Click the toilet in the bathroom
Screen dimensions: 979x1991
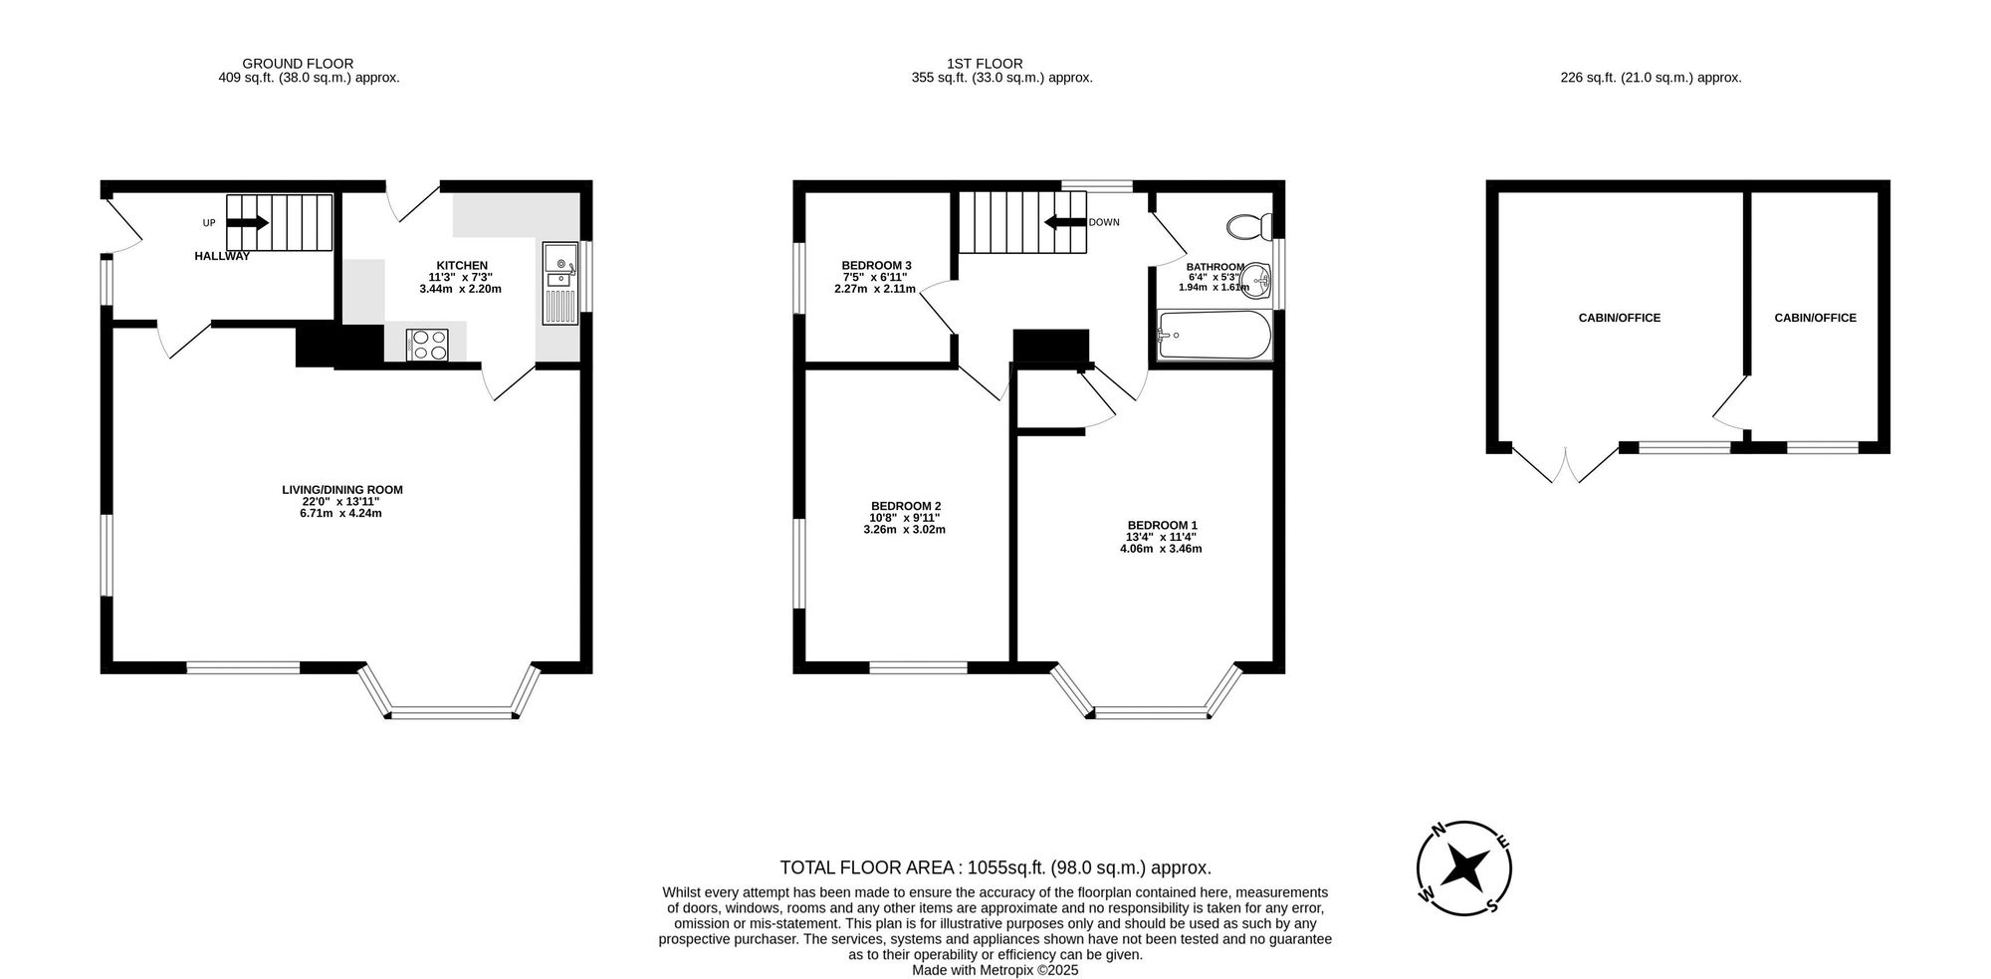click(x=1247, y=227)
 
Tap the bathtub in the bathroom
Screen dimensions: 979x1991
click(x=1214, y=336)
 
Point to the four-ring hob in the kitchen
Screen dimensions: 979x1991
click(x=428, y=344)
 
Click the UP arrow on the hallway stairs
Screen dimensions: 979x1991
click(x=248, y=223)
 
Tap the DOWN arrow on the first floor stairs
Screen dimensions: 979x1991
click(x=1064, y=223)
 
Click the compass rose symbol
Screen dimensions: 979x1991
click(x=1464, y=867)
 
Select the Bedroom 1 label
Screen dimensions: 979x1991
click(x=1162, y=525)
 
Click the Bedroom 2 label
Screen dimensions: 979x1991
click(x=905, y=506)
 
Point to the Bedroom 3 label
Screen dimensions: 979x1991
click(x=876, y=265)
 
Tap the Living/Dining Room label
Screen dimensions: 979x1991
click(x=341, y=490)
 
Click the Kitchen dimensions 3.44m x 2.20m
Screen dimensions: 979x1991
click(x=460, y=289)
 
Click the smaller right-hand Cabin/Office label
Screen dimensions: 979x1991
click(x=1815, y=318)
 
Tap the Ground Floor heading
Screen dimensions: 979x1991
click(x=298, y=64)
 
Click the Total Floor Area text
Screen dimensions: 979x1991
click(x=995, y=867)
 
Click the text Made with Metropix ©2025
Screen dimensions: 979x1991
click(x=995, y=969)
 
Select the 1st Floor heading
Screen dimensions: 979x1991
click(x=985, y=64)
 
